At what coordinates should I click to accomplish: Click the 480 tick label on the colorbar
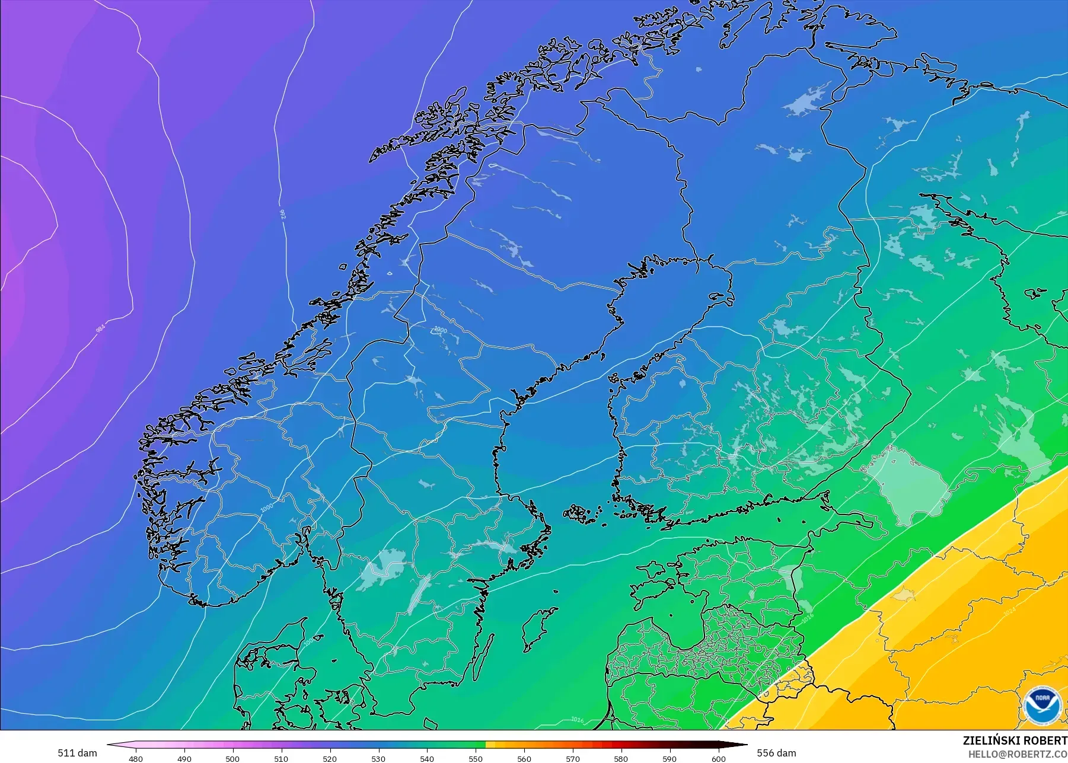click(x=136, y=759)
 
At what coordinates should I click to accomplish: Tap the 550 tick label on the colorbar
click(x=476, y=759)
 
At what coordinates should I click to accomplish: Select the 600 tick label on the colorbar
click(x=718, y=759)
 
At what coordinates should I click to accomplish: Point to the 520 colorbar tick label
click(x=330, y=759)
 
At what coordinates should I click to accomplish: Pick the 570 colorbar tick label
click(x=573, y=759)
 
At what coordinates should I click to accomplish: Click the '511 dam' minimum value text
click(x=77, y=753)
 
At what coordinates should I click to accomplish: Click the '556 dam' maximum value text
click(x=776, y=753)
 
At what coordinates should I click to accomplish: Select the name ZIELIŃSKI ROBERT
click(x=1015, y=740)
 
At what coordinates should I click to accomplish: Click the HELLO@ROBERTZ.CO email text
click(x=1018, y=755)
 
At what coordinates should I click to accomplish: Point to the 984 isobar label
click(x=100, y=327)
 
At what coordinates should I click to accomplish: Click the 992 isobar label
click(x=282, y=213)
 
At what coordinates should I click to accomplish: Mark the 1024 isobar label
click(x=1009, y=611)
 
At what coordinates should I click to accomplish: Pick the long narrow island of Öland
click(x=484, y=656)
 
